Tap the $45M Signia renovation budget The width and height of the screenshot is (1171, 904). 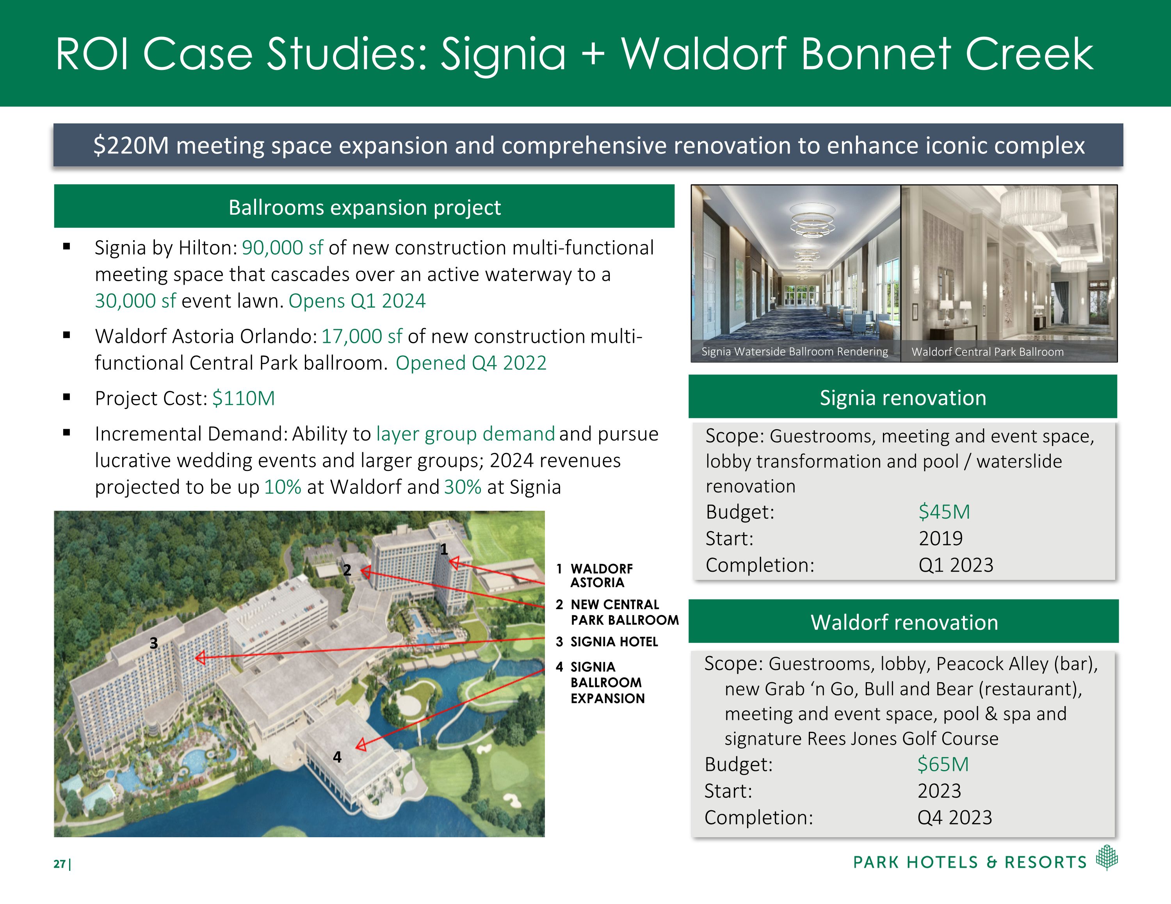pos(944,512)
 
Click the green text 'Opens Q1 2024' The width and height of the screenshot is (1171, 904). pos(357,301)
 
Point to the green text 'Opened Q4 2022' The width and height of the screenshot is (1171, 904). pos(471,363)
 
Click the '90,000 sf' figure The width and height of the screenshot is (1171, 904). pos(282,248)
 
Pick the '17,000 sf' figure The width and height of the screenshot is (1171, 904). pos(361,336)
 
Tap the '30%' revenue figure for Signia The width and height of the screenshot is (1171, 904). pos(463,487)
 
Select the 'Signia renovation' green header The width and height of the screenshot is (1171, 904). pos(903,398)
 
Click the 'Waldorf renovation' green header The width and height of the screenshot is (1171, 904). pos(904,622)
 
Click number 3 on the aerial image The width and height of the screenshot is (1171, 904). pos(154,643)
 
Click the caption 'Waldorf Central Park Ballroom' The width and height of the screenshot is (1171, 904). pos(987,352)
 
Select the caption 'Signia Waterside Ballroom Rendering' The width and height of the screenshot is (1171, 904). pos(795,352)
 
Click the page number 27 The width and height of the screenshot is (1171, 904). pos(59,864)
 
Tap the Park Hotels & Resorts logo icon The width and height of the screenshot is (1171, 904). pos(1107,857)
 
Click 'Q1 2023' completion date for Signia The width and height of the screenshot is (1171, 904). pos(956,565)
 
